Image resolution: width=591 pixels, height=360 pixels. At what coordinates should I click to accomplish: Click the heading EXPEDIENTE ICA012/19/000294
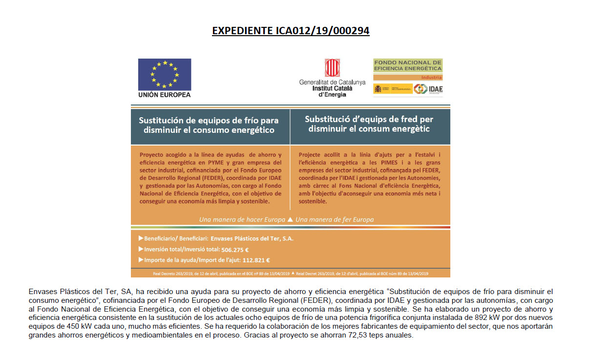pos(291,31)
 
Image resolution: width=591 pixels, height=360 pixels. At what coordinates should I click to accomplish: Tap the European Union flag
pos(165,74)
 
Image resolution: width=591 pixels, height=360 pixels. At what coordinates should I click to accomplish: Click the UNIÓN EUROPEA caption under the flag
pos(165,95)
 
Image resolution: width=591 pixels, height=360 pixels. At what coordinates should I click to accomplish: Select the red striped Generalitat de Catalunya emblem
pos(332,68)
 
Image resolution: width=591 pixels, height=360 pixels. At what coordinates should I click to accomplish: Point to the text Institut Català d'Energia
pos(332,91)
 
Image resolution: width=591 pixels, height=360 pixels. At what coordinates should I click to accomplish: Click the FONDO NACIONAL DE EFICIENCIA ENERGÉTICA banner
pos(408,65)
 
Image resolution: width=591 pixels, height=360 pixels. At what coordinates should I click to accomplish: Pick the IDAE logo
pos(428,89)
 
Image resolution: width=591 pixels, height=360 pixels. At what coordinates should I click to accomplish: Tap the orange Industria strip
pos(408,78)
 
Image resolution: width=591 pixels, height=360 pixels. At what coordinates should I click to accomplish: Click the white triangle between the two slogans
pos(291,219)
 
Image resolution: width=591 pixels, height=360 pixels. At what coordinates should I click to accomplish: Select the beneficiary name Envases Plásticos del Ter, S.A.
pos(252,239)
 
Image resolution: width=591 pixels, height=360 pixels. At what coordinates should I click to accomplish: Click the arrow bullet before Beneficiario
pos(141,239)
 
